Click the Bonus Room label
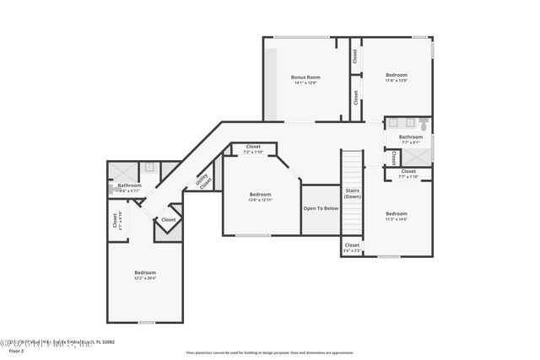tap(306, 79)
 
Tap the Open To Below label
tap(321, 207)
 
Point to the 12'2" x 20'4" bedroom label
tap(145, 275)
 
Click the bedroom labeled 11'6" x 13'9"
tap(397, 77)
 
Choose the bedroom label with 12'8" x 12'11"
tap(260, 196)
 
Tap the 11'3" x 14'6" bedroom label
tap(396, 216)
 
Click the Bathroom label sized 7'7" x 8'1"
tap(411, 139)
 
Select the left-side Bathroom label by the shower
tap(129, 187)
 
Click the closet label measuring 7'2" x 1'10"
tap(253, 148)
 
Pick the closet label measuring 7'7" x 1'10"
tap(408, 173)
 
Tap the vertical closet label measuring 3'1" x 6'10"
tap(116, 222)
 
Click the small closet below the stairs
tap(352, 248)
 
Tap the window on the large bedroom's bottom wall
tap(147, 322)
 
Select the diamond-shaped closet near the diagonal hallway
tap(169, 220)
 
